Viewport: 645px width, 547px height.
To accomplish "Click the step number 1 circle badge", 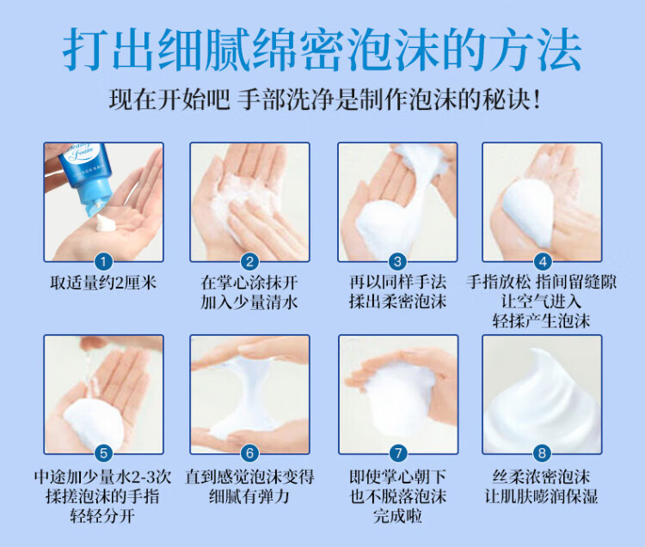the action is [104, 262].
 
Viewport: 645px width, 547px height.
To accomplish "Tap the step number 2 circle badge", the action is [249, 262].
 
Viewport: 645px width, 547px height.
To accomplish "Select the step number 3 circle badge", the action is [397, 262].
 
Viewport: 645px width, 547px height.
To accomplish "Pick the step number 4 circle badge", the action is [542, 262].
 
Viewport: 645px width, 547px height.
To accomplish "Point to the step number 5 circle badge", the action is [104, 453].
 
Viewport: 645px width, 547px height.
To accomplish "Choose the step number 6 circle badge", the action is [249, 453].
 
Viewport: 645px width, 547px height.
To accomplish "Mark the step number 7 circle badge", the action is [398, 453].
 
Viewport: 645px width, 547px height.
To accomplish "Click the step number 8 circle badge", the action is [542, 453].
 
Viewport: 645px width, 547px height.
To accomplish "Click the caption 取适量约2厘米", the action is [104, 283].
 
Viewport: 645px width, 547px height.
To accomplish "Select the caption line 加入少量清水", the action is [249, 302].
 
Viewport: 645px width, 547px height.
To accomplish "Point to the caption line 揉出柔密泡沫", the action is [397, 301].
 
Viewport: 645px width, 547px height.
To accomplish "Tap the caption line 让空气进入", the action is [541, 301].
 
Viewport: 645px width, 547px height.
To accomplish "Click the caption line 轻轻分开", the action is [102, 516].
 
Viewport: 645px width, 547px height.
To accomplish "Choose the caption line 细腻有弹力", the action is [249, 496].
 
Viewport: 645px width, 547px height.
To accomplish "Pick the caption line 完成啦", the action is [398, 516].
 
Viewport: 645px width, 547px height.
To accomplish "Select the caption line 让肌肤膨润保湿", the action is [541, 496].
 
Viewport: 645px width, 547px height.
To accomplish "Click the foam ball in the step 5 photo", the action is [94, 423].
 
